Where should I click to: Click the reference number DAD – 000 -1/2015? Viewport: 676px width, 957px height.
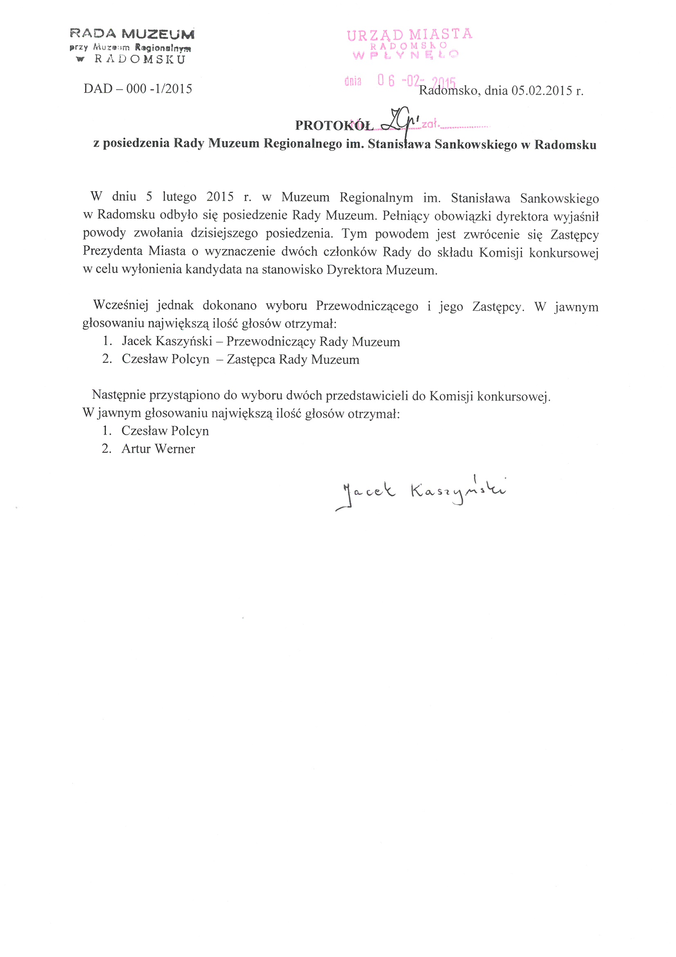[x=137, y=89]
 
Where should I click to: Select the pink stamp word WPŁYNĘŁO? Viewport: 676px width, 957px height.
[x=405, y=54]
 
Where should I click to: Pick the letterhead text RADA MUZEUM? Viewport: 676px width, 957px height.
[x=132, y=34]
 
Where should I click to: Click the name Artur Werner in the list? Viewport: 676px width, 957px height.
[x=158, y=449]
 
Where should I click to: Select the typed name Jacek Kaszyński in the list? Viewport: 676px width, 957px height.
[x=167, y=341]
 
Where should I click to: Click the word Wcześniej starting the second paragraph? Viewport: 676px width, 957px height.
[x=121, y=305]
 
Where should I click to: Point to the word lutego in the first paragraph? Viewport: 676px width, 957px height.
[x=179, y=197]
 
